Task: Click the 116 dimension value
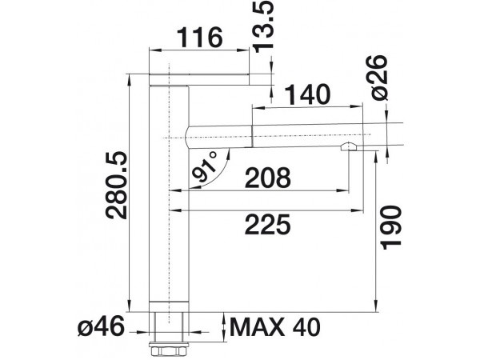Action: pos(200,38)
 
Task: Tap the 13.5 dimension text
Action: pos(262,26)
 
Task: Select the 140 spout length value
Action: pos(308,95)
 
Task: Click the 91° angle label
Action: pos(205,166)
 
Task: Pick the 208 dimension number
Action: pos(267,178)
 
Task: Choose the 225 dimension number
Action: pos(267,224)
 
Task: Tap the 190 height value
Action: pos(390,228)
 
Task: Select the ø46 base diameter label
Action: pos(101,326)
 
